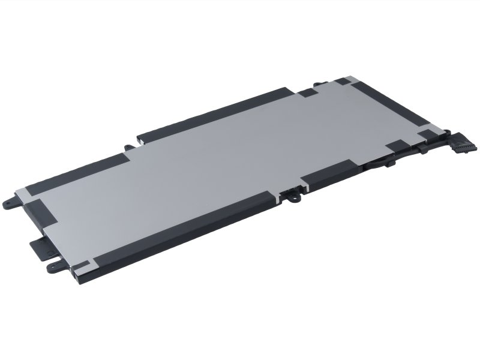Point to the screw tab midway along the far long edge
click(x=130, y=148)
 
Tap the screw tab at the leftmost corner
click(x=11, y=203)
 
